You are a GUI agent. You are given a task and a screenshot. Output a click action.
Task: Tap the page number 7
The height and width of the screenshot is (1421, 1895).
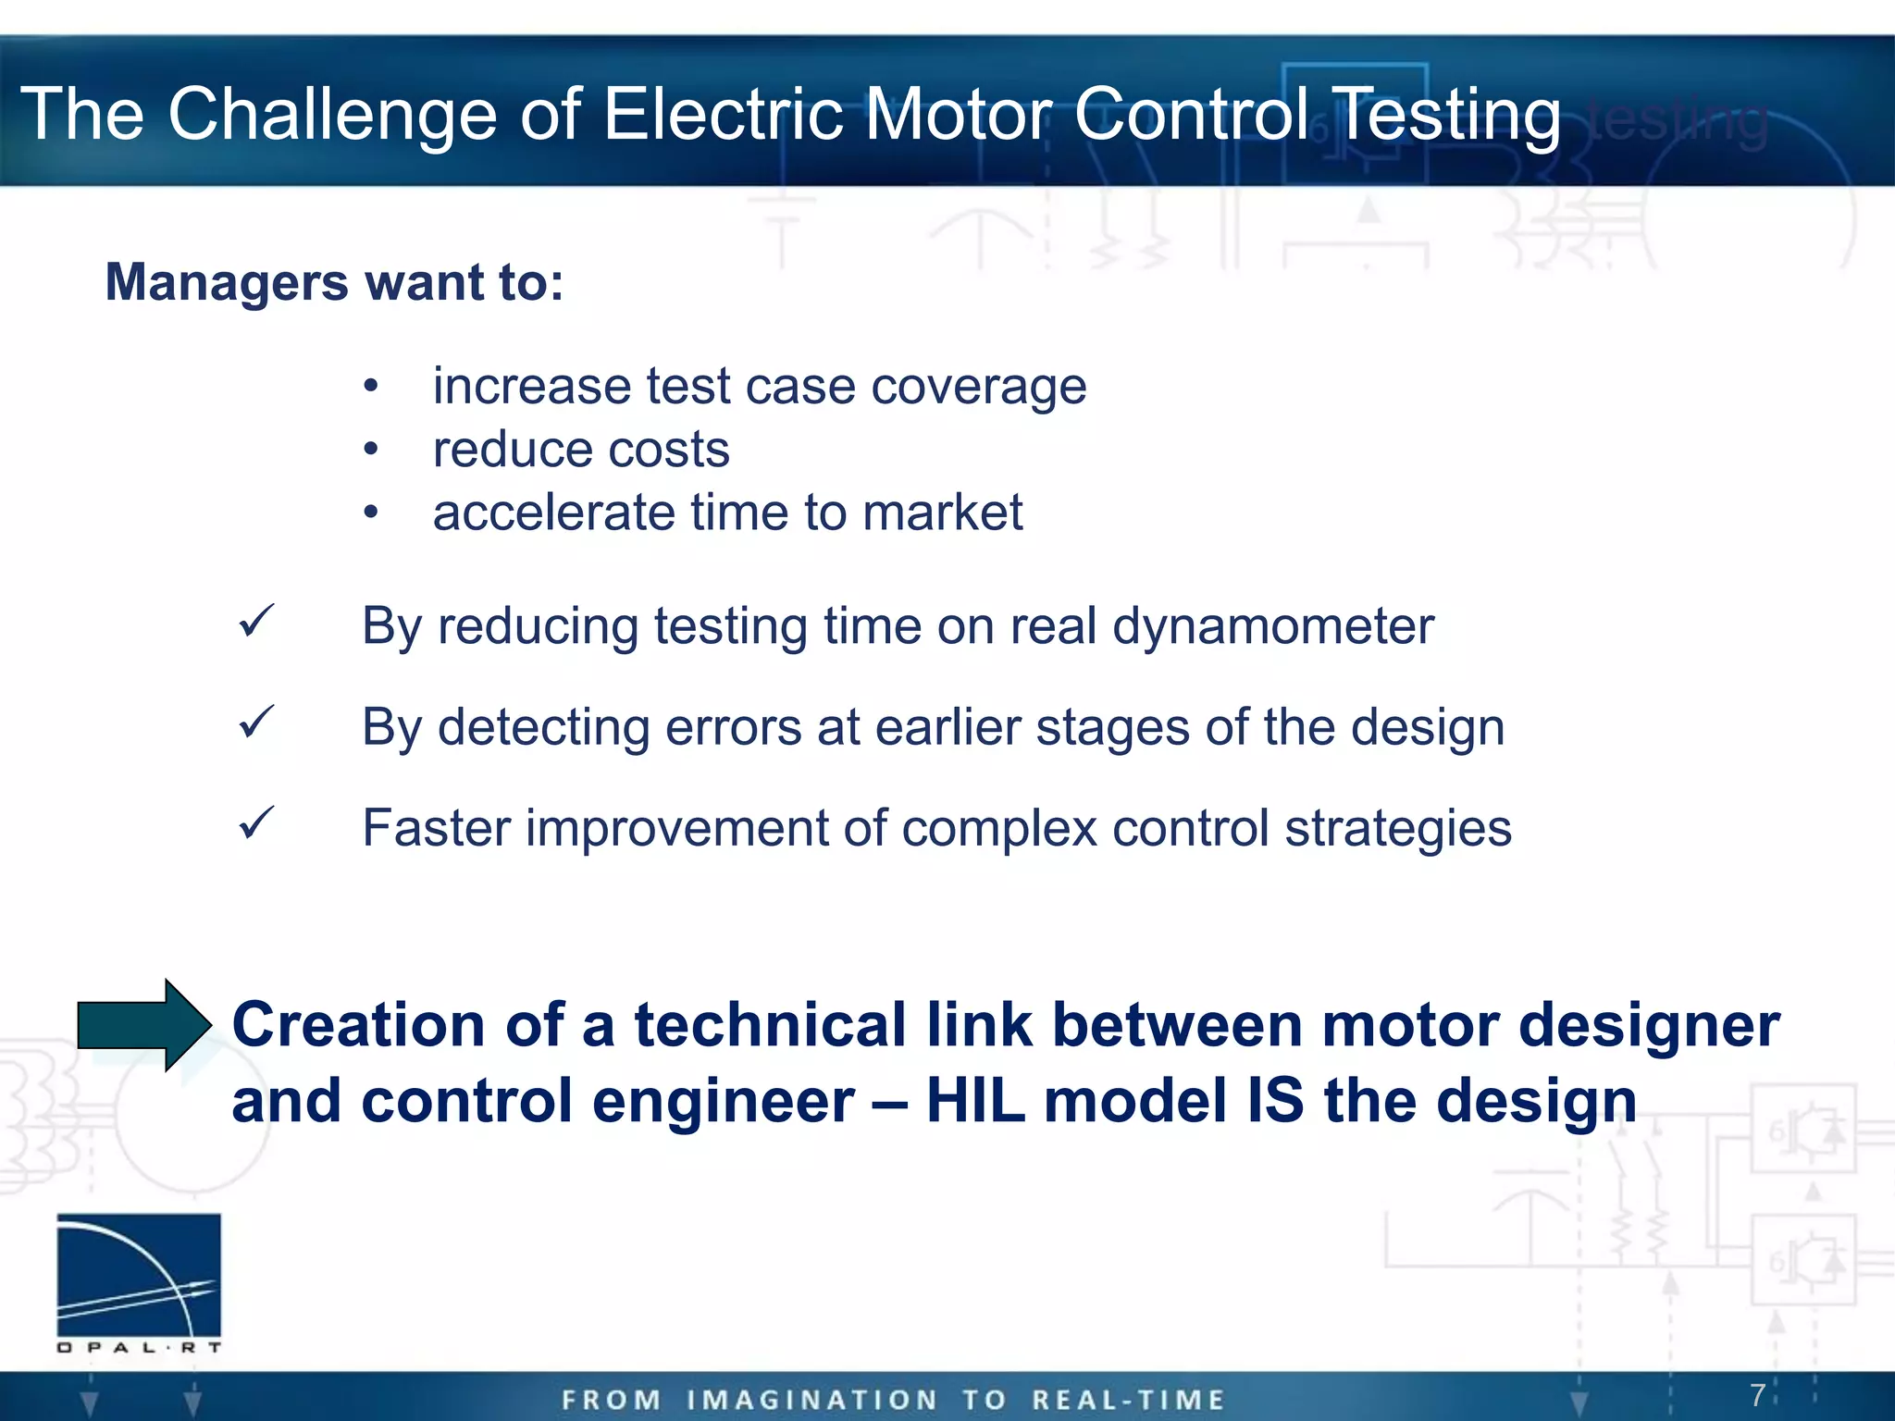point(1757,1394)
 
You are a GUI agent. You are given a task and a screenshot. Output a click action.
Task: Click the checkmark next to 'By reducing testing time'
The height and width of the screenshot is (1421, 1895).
point(256,622)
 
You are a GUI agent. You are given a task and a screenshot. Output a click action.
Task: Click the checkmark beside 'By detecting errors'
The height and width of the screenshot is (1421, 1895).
point(256,723)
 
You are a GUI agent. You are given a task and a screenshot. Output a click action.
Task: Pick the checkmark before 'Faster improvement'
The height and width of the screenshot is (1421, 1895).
point(256,823)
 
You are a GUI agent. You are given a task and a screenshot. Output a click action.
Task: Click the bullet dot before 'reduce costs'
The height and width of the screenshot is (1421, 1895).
point(371,450)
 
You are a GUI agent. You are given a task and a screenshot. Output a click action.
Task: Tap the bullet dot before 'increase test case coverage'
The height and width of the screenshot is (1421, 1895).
point(371,386)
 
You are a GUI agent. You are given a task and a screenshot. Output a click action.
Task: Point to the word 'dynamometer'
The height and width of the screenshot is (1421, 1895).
point(1273,626)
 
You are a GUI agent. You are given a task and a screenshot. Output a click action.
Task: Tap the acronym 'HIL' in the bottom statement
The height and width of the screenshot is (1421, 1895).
point(977,1101)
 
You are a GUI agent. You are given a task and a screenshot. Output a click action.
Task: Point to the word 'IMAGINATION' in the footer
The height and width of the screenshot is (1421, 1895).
point(812,1400)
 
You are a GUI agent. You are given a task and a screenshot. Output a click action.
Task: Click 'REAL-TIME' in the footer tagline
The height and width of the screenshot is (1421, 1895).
point(1129,1400)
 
